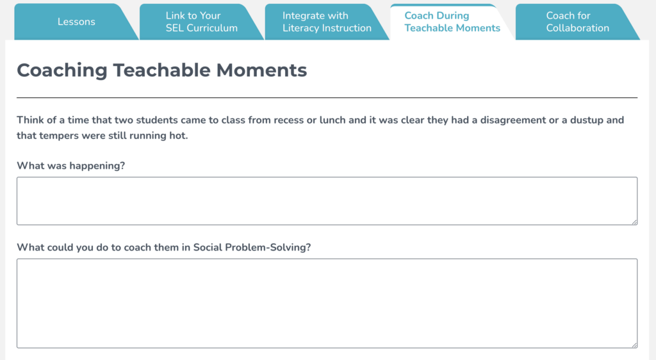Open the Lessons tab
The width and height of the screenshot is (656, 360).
(x=76, y=22)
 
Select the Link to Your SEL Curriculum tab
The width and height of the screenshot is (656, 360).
(x=201, y=22)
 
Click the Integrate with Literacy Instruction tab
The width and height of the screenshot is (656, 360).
(x=327, y=22)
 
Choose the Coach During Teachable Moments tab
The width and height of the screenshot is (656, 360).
(x=452, y=22)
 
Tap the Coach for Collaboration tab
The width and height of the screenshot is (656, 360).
(x=577, y=22)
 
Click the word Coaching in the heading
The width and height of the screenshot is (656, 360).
(x=61, y=70)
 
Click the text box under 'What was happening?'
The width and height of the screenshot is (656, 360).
(x=327, y=200)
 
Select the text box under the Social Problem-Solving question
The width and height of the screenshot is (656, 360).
(x=327, y=303)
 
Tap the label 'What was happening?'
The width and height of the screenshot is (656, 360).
(x=70, y=166)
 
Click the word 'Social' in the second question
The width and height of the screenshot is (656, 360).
(x=208, y=247)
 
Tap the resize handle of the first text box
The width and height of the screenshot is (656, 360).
(x=634, y=221)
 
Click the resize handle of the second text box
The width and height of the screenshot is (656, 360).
(x=634, y=344)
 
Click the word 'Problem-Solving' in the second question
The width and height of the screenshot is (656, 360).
(x=268, y=247)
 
